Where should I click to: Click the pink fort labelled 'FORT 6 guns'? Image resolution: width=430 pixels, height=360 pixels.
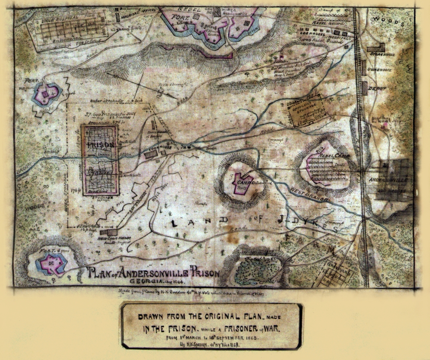[x=52, y=263]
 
